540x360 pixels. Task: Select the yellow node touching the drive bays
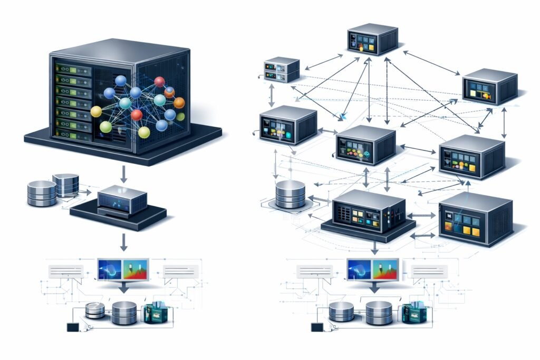pyautogui.click(x=96, y=111)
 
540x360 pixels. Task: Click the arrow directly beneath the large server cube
pyautogui.click(x=123, y=173)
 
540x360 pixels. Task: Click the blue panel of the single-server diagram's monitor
pyautogui.click(x=110, y=269)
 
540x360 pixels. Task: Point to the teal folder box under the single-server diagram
pyautogui.click(x=155, y=312)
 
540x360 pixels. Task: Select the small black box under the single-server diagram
pyautogui.click(x=72, y=327)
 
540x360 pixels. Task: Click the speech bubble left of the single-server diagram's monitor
pyautogui.click(x=66, y=271)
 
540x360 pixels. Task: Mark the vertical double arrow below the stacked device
pyautogui.click(x=272, y=93)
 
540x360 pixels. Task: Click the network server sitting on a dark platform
pyautogui.click(x=369, y=212)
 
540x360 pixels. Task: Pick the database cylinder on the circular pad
pyautogui.click(x=290, y=194)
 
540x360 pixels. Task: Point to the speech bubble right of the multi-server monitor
pyautogui.click(x=428, y=271)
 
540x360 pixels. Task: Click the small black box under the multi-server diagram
pyautogui.click(x=317, y=327)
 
